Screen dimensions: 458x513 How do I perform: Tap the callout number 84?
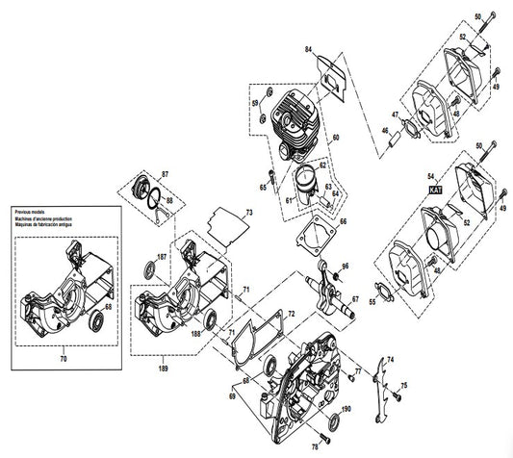point(309,48)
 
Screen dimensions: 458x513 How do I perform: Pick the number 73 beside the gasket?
point(248,211)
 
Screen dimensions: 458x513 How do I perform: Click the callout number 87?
point(165,172)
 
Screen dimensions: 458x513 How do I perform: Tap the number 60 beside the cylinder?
point(336,139)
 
